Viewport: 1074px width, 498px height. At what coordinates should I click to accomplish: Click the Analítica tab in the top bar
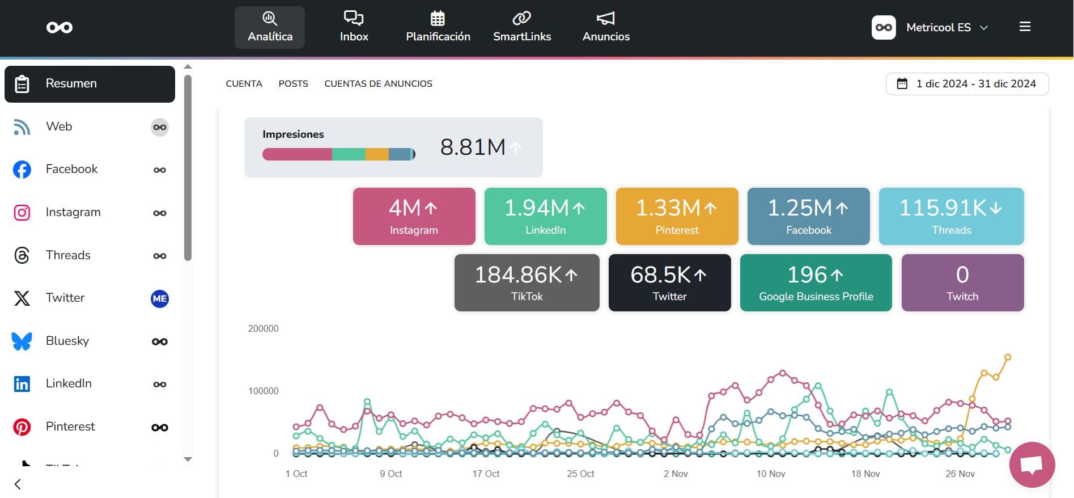270,27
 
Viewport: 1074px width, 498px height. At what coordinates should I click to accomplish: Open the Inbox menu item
354,27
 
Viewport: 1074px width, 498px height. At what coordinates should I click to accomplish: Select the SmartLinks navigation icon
521,27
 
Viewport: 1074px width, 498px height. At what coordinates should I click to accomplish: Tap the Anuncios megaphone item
606,27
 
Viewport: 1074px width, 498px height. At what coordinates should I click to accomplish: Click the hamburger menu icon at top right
1025,27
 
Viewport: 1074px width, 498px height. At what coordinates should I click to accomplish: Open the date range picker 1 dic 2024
967,84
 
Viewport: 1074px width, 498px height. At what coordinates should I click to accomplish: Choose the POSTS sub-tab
293,84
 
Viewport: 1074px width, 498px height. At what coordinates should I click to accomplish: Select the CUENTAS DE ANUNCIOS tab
378,84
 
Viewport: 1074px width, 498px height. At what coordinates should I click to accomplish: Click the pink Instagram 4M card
414,217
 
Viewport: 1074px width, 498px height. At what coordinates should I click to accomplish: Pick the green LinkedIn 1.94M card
545,217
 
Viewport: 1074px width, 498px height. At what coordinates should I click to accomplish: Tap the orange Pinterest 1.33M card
677,217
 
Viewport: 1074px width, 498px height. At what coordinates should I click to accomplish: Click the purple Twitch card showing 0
962,282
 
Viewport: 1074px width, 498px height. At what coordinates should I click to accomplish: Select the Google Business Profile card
816,282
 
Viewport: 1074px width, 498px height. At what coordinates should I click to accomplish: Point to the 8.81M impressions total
473,147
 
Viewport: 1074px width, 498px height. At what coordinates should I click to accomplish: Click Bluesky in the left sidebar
67,341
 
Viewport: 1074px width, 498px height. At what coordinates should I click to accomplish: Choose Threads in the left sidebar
68,255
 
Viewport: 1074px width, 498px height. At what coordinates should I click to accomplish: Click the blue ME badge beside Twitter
160,298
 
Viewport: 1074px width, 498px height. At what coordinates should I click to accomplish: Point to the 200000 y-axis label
263,328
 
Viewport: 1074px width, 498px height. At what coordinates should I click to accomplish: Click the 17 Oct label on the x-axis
486,474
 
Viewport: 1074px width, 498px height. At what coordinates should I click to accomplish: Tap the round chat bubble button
1031,465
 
